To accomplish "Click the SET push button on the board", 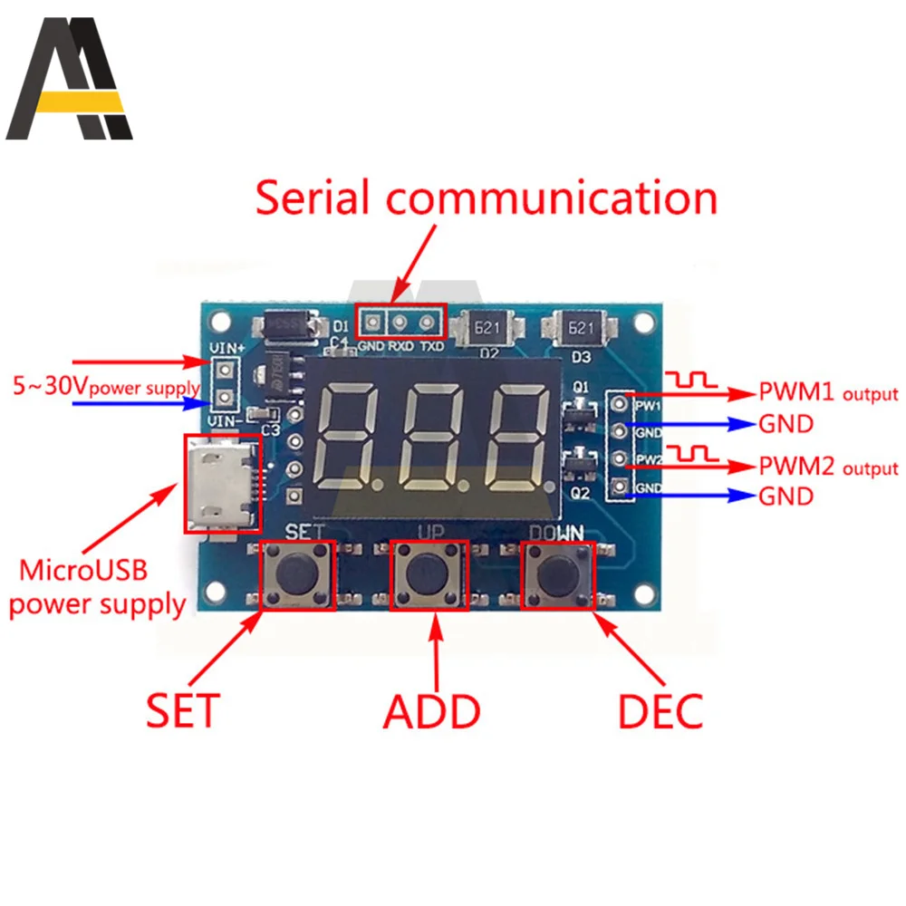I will [x=297, y=574].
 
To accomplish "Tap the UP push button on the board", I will [x=429, y=574].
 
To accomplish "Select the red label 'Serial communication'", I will [x=486, y=199].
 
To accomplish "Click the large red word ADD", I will [x=431, y=711].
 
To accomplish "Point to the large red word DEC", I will [x=660, y=711].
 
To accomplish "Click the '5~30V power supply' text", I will [x=105, y=387].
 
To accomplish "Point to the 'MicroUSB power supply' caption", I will [x=96, y=588].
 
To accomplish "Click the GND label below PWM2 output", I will [x=785, y=496].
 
